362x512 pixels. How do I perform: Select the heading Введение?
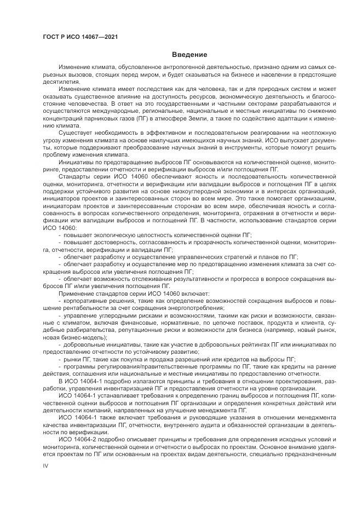click(189, 55)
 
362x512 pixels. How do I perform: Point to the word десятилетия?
click(59, 81)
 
